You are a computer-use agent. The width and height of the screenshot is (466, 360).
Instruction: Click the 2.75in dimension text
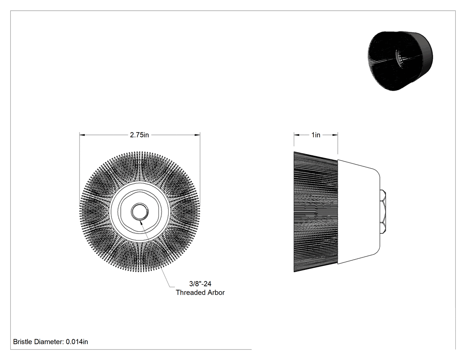pyautogui.click(x=139, y=135)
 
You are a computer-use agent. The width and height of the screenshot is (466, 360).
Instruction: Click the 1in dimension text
pyautogui.click(x=316, y=135)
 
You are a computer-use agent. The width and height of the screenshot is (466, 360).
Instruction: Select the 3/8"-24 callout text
pyautogui.click(x=200, y=284)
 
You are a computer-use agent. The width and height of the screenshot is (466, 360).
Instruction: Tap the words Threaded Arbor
pyautogui.click(x=200, y=293)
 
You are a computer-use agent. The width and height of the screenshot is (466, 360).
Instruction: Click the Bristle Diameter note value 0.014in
pyautogui.click(x=77, y=342)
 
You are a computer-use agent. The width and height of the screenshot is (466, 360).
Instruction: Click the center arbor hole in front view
pyautogui.click(x=139, y=212)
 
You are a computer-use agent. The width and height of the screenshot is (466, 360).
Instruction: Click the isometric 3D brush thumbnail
pyautogui.click(x=400, y=61)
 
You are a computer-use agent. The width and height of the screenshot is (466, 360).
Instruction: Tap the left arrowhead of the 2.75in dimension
pyautogui.click(x=82, y=135)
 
